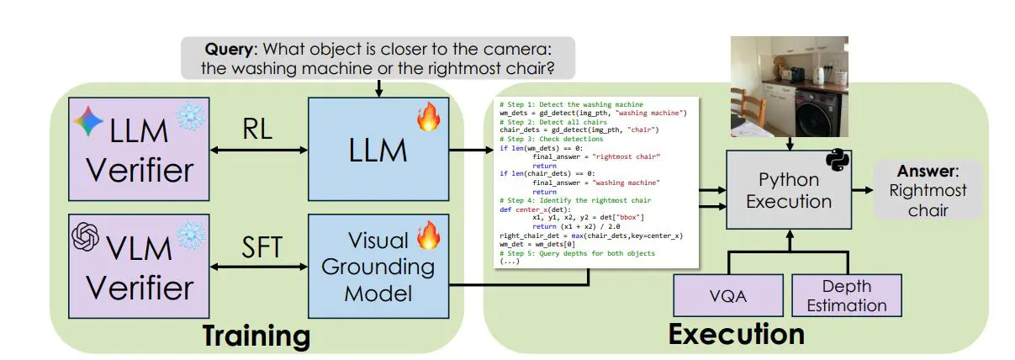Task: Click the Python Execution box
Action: tap(788, 191)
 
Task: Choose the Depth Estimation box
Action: tap(846, 296)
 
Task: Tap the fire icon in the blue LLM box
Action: tap(428, 119)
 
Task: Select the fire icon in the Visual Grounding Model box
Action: tap(428, 233)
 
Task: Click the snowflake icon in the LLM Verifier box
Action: tap(188, 119)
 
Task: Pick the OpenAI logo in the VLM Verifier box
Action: tap(86, 236)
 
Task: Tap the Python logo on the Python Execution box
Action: tap(837, 161)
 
